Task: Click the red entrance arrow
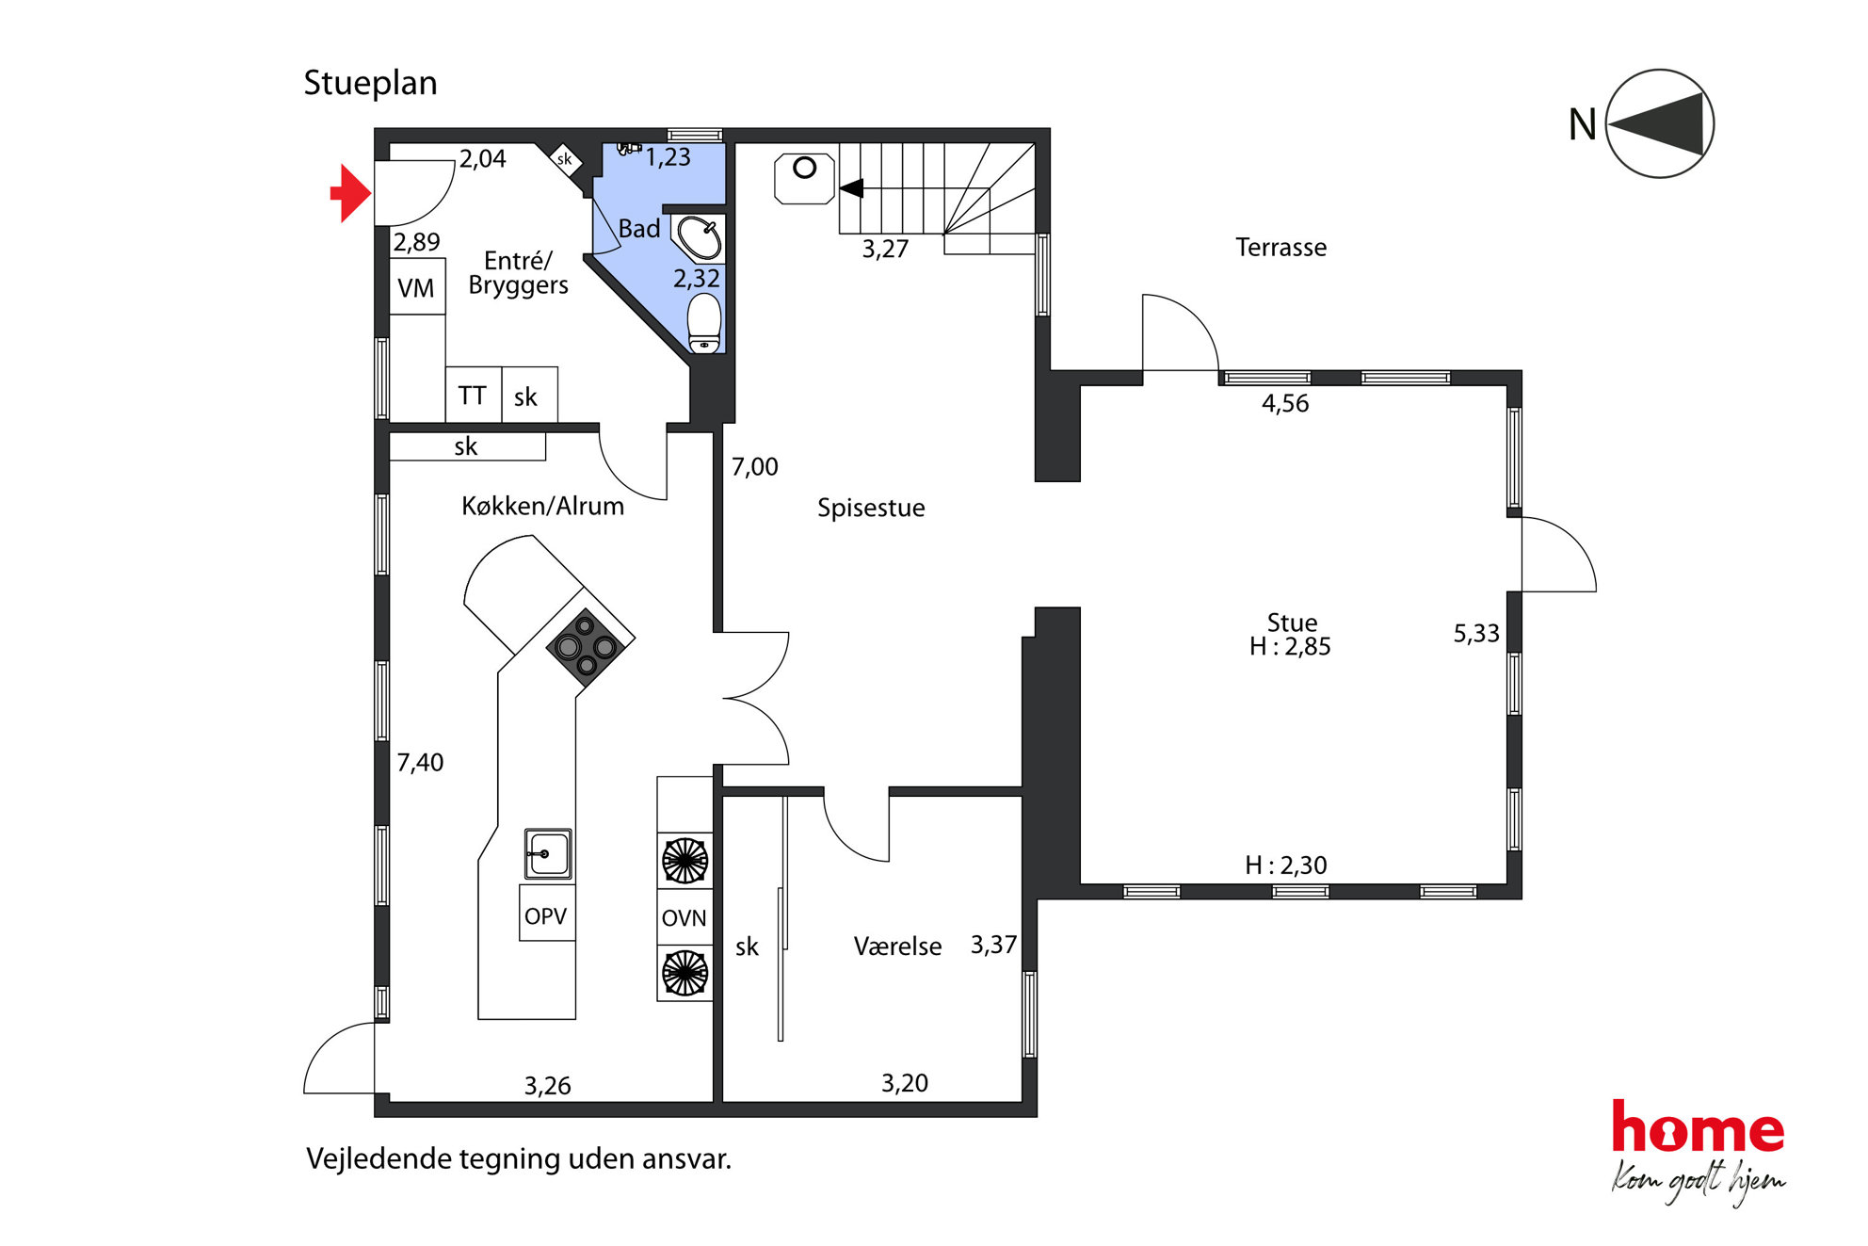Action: click(351, 193)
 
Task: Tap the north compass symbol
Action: click(1659, 123)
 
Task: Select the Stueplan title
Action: click(370, 83)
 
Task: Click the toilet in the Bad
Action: click(704, 323)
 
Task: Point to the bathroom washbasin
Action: click(700, 238)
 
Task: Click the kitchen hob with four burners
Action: click(587, 641)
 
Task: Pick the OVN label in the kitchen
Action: click(684, 918)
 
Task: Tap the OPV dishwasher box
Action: click(547, 913)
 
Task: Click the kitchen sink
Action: click(548, 854)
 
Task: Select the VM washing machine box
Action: click(417, 286)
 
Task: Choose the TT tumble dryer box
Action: click(473, 395)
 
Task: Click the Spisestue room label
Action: click(871, 509)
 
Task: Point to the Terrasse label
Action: click(1280, 248)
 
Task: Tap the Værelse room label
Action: click(897, 947)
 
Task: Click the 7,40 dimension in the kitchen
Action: click(420, 763)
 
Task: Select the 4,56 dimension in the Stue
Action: click(1285, 404)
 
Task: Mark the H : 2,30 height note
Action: click(1286, 866)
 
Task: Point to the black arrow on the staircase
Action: click(852, 188)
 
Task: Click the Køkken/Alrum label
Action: click(542, 507)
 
